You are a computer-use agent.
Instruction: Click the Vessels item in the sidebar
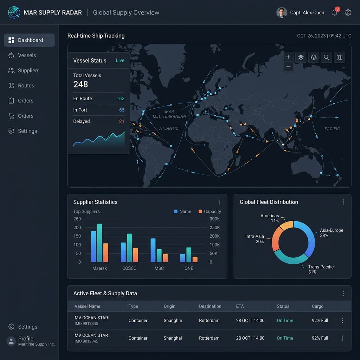[x=22, y=55]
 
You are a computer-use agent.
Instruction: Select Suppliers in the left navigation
[x=24, y=70]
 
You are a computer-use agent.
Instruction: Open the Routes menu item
[x=21, y=86]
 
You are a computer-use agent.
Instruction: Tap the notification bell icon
[x=335, y=13]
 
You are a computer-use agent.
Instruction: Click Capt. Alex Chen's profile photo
[x=282, y=13]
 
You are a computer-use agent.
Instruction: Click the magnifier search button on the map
[x=326, y=57]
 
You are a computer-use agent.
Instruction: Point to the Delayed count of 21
[x=121, y=121]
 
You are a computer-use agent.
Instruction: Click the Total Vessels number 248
[x=81, y=84]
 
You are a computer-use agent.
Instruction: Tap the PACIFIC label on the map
[x=332, y=129]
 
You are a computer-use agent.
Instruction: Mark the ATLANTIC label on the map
[x=169, y=128]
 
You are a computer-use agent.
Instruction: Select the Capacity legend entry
[x=210, y=211]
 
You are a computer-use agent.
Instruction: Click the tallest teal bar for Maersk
[x=99, y=243]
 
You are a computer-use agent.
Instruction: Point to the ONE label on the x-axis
[x=189, y=268]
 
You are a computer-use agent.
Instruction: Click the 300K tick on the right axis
[x=214, y=219]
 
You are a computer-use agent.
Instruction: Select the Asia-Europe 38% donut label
[x=331, y=233]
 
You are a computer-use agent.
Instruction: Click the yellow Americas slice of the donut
[x=286, y=225]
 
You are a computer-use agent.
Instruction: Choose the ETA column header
[x=240, y=306]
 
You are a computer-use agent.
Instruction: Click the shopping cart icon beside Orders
[x=11, y=116]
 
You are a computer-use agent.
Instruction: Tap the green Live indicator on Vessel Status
[x=120, y=60]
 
